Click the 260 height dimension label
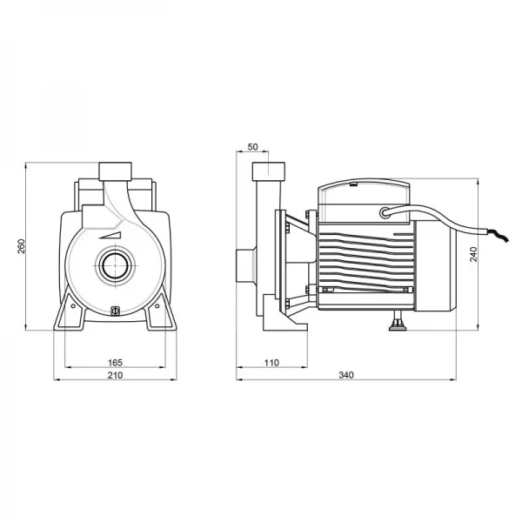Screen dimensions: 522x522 point(21,246)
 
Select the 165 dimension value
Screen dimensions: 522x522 point(115,362)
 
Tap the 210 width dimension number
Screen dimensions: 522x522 point(115,375)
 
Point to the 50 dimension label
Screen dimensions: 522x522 point(252,147)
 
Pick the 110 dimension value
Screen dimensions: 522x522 point(271,362)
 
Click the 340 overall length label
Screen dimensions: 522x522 point(346,375)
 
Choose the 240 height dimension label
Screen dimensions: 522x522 point(473,254)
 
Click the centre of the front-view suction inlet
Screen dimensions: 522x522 point(115,265)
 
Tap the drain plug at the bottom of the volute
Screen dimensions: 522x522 point(115,311)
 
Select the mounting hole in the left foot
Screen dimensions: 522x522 point(73,305)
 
